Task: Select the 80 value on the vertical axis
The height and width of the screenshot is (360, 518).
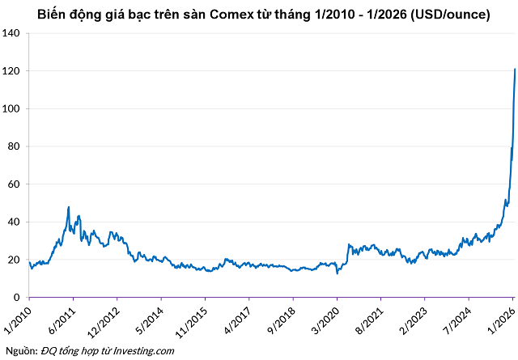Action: tap(14, 146)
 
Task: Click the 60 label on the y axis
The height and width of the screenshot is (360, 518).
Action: tap(14, 184)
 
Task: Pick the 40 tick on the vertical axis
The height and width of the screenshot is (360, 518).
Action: tap(14, 222)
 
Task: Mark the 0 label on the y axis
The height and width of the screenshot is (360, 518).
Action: tap(17, 297)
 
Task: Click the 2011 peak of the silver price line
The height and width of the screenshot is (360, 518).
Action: tap(68, 207)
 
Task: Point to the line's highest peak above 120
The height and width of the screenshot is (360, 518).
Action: tap(515, 70)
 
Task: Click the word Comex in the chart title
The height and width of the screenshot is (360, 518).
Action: tap(257, 14)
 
